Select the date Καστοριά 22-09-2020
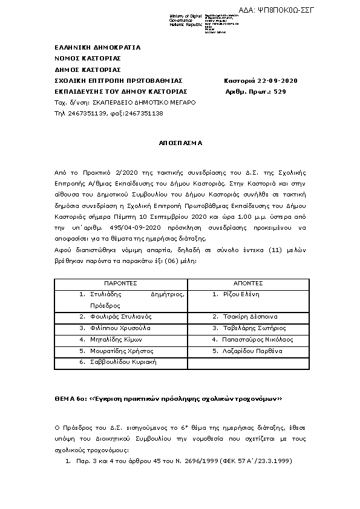coord(260,81)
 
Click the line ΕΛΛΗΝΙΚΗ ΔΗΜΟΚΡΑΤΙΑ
coord(97,47)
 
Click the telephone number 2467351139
coord(87,114)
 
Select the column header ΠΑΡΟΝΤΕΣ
coord(121,283)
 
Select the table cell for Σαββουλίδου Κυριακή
coord(122,362)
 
